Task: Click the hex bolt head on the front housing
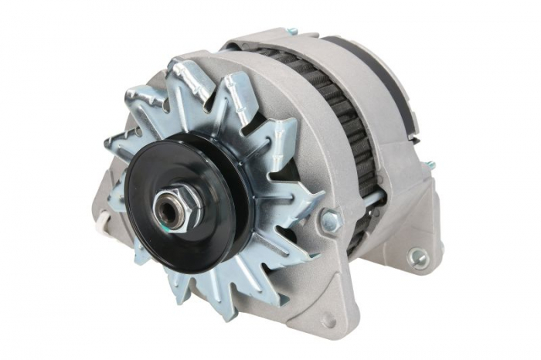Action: pyautogui.click(x=330, y=222)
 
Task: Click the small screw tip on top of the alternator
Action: pyautogui.click(x=291, y=32)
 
